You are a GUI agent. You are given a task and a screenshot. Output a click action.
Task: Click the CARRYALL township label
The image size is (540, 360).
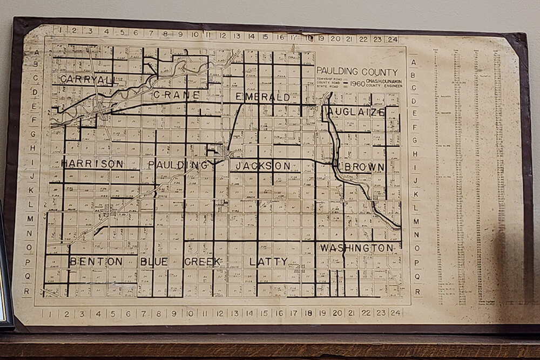click(86, 79)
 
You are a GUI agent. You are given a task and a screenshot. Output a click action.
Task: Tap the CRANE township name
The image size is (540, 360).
click(177, 95)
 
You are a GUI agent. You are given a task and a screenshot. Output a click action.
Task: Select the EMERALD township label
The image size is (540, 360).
click(263, 97)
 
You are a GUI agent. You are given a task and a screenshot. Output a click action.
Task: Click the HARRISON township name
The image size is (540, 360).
click(92, 163)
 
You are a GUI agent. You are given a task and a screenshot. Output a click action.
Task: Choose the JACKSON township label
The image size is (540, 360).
click(264, 166)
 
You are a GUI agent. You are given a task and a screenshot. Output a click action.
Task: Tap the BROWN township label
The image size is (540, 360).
click(364, 167)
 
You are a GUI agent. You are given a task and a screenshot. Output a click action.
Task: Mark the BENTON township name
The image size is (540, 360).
click(96, 262)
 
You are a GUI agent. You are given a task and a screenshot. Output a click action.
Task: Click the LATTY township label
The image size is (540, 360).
click(268, 262)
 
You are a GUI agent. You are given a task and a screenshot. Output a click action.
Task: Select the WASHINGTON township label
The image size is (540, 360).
click(357, 248)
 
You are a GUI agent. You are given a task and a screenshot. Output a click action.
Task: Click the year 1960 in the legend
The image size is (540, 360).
click(357, 84)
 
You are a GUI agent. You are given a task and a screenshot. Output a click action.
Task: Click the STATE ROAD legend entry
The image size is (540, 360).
click(329, 88)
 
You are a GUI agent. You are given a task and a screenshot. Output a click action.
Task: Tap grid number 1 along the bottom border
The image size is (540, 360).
click(50, 313)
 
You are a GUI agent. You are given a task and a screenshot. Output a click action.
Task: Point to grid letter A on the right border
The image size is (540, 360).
click(413, 62)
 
